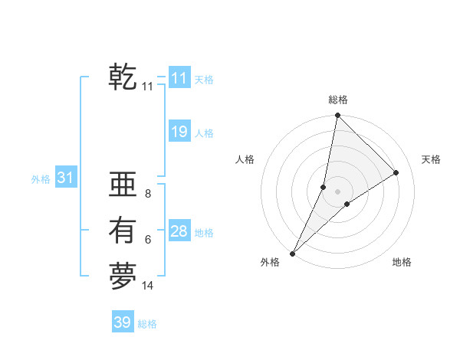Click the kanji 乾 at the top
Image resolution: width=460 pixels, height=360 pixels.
click(x=123, y=77)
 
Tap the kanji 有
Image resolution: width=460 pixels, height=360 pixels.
click(x=123, y=231)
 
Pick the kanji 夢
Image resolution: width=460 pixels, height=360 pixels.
click(x=123, y=277)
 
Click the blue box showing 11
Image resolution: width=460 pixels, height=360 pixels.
click(x=179, y=78)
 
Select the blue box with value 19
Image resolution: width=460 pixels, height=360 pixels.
click(x=179, y=132)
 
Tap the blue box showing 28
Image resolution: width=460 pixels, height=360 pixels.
click(x=179, y=231)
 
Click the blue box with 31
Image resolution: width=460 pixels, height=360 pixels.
click(x=65, y=178)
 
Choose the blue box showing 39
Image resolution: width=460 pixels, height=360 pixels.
click(x=123, y=322)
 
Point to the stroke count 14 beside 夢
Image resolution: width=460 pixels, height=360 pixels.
click(x=148, y=286)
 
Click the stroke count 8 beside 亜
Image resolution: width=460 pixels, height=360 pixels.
click(x=148, y=194)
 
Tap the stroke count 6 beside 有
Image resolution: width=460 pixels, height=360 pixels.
click(x=148, y=240)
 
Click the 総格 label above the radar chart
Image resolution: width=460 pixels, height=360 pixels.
click(x=338, y=100)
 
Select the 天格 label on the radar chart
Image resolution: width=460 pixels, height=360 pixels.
click(x=431, y=159)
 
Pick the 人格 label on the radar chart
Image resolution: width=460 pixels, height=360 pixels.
click(x=245, y=159)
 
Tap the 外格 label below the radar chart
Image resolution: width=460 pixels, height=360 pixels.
click(x=270, y=263)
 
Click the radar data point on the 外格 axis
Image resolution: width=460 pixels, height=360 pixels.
click(x=293, y=253)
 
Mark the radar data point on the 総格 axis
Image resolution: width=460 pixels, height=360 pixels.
click(x=337, y=116)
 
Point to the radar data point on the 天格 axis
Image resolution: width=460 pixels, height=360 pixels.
click(x=396, y=172)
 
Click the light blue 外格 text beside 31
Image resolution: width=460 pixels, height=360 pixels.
click(x=41, y=179)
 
